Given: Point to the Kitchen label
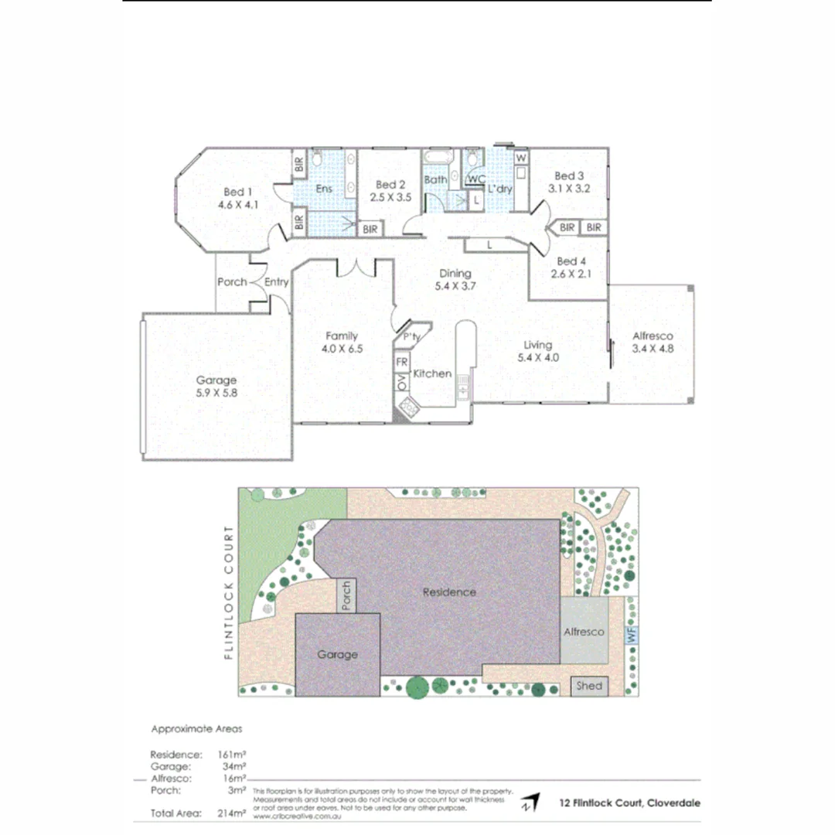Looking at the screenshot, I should (x=432, y=373).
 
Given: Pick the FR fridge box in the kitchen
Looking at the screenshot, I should (x=402, y=362).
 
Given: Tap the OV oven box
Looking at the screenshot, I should (x=402, y=382).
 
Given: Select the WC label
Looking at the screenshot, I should (x=476, y=179).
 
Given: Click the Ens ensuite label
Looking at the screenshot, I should (x=324, y=188).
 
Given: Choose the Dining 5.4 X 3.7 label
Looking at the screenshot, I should (x=455, y=280).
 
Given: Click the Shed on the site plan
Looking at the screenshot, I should (x=588, y=686).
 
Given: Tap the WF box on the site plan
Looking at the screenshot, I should (x=632, y=636).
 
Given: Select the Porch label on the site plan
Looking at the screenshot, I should (x=346, y=595).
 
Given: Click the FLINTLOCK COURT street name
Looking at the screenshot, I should (x=228, y=592).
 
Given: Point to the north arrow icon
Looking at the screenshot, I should (x=530, y=803).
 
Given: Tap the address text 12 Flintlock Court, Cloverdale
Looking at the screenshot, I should (x=630, y=803).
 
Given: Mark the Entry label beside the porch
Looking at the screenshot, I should (x=276, y=282).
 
